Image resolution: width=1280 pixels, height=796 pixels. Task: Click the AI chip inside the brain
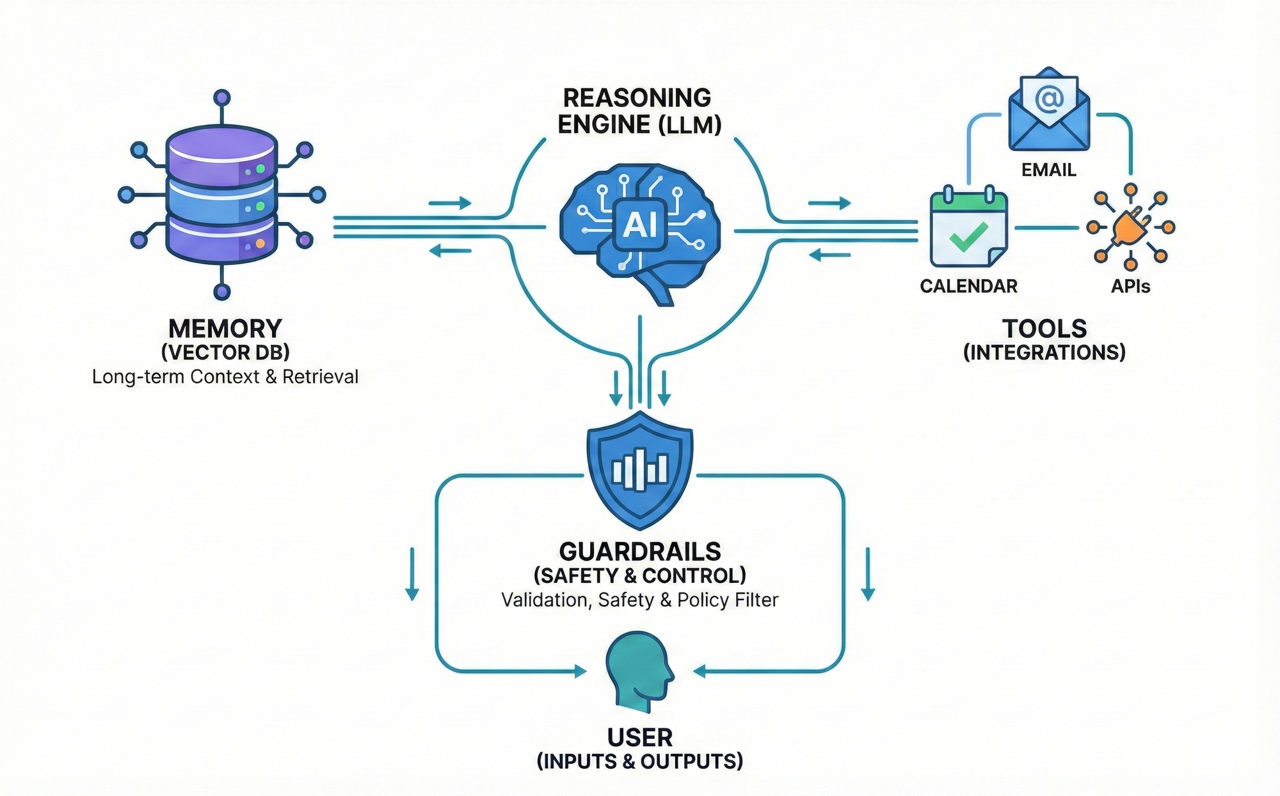pos(640,225)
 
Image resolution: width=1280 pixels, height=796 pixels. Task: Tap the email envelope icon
pos(1048,112)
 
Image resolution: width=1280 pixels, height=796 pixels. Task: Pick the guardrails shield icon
pos(640,470)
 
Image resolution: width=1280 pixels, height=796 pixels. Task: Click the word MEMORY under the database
pos(225,328)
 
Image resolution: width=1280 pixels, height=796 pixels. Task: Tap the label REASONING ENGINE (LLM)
pos(639,111)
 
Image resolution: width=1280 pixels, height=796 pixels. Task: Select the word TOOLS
pos(1044,328)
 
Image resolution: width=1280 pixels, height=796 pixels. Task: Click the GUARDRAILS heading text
pos(640,552)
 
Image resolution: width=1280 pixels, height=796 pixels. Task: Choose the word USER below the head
pos(640,738)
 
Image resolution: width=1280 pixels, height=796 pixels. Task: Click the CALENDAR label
pos(968,286)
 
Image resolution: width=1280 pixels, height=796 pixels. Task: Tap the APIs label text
pos(1130,286)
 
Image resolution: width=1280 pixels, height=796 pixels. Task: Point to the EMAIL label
pos(1048,170)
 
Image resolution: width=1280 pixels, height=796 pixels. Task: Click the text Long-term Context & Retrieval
pos(225,376)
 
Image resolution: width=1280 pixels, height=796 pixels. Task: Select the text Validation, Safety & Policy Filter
pos(640,600)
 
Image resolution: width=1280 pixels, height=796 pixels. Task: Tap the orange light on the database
pos(260,244)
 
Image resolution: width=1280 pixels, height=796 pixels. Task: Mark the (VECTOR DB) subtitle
pos(225,352)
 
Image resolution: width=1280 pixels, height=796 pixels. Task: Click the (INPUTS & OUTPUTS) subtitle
pos(640,761)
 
